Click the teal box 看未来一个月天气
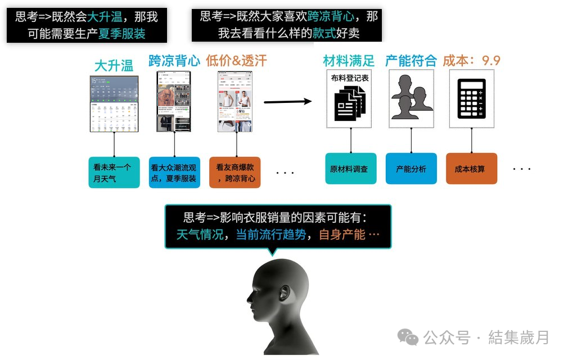pos(114,172)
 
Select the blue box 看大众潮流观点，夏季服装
pos(174,172)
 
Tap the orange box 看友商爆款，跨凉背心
pos(235,172)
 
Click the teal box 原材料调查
pos(351,168)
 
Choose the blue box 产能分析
pos(411,168)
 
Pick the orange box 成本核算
pos(471,168)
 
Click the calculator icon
pos(471,98)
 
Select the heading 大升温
pos(114,65)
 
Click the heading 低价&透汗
pos(236,61)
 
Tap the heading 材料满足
pos(349,61)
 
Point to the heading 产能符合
pos(411,61)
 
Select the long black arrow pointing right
pos(287,102)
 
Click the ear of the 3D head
pos(285,294)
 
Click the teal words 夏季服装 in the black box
pos(122,33)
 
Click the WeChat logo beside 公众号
pos(408,337)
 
